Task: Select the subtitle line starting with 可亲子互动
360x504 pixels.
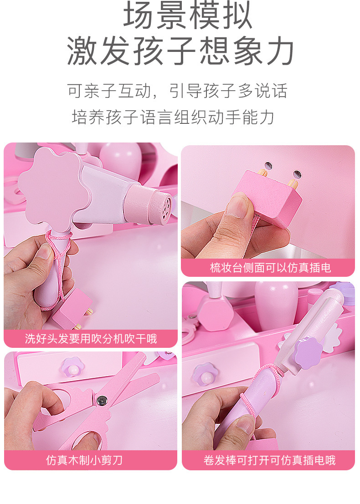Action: (x=177, y=91)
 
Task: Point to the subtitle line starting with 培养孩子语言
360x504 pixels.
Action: (x=173, y=117)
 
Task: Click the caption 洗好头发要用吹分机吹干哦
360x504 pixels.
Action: (x=91, y=339)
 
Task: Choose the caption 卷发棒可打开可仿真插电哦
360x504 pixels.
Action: (x=269, y=460)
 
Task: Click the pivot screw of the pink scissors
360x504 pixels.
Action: (x=102, y=400)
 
